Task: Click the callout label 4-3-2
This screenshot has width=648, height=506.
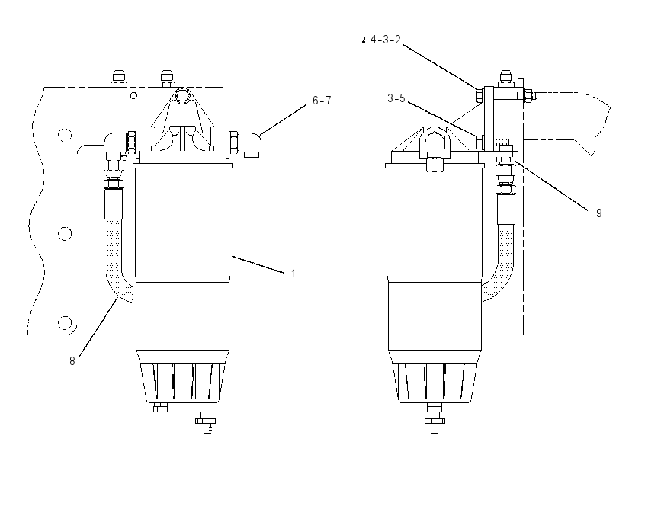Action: click(385, 40)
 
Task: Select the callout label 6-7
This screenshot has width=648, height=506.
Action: click(322, 101)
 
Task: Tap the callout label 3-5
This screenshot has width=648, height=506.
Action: click(396, 98)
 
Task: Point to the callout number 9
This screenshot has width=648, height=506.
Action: click(598, 213)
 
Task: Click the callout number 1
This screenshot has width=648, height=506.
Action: click(293, 274)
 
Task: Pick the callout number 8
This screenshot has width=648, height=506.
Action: click(72, 361)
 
